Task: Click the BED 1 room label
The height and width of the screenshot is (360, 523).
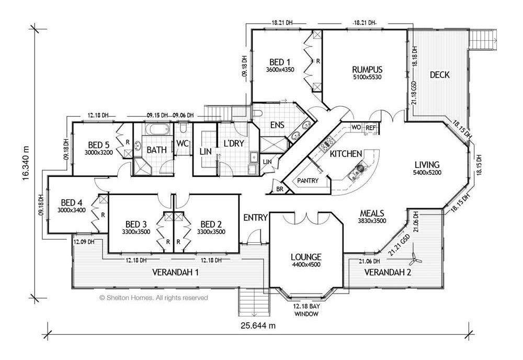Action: tap(279, 62)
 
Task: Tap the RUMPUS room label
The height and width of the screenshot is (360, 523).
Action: tap(367, 70)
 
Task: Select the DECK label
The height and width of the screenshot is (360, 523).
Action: tap(440, 75)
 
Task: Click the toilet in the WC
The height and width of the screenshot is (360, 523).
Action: tap(183, 128)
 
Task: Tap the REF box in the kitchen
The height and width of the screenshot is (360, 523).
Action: tap(371, 128)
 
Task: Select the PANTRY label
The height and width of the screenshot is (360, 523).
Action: tap(308, 181)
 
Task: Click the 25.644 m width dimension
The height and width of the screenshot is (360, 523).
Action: tap(258, 325)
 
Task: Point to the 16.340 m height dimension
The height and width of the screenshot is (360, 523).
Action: tap(26, 163)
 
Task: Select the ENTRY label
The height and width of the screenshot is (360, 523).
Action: tap(256, 218)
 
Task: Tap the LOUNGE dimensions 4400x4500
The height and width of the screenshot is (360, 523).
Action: tap(306, 265)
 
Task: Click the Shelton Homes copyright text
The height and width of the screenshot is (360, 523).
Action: tap(153, 298)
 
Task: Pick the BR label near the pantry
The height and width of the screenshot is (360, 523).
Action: tap(280, 189)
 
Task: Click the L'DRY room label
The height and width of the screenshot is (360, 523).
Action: tap(234, 143)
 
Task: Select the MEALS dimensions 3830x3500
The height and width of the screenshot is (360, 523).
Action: tap(372, 220)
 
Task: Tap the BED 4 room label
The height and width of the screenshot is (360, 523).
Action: tap(71, 203)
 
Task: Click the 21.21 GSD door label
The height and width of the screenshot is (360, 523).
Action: tap(399, 245)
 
